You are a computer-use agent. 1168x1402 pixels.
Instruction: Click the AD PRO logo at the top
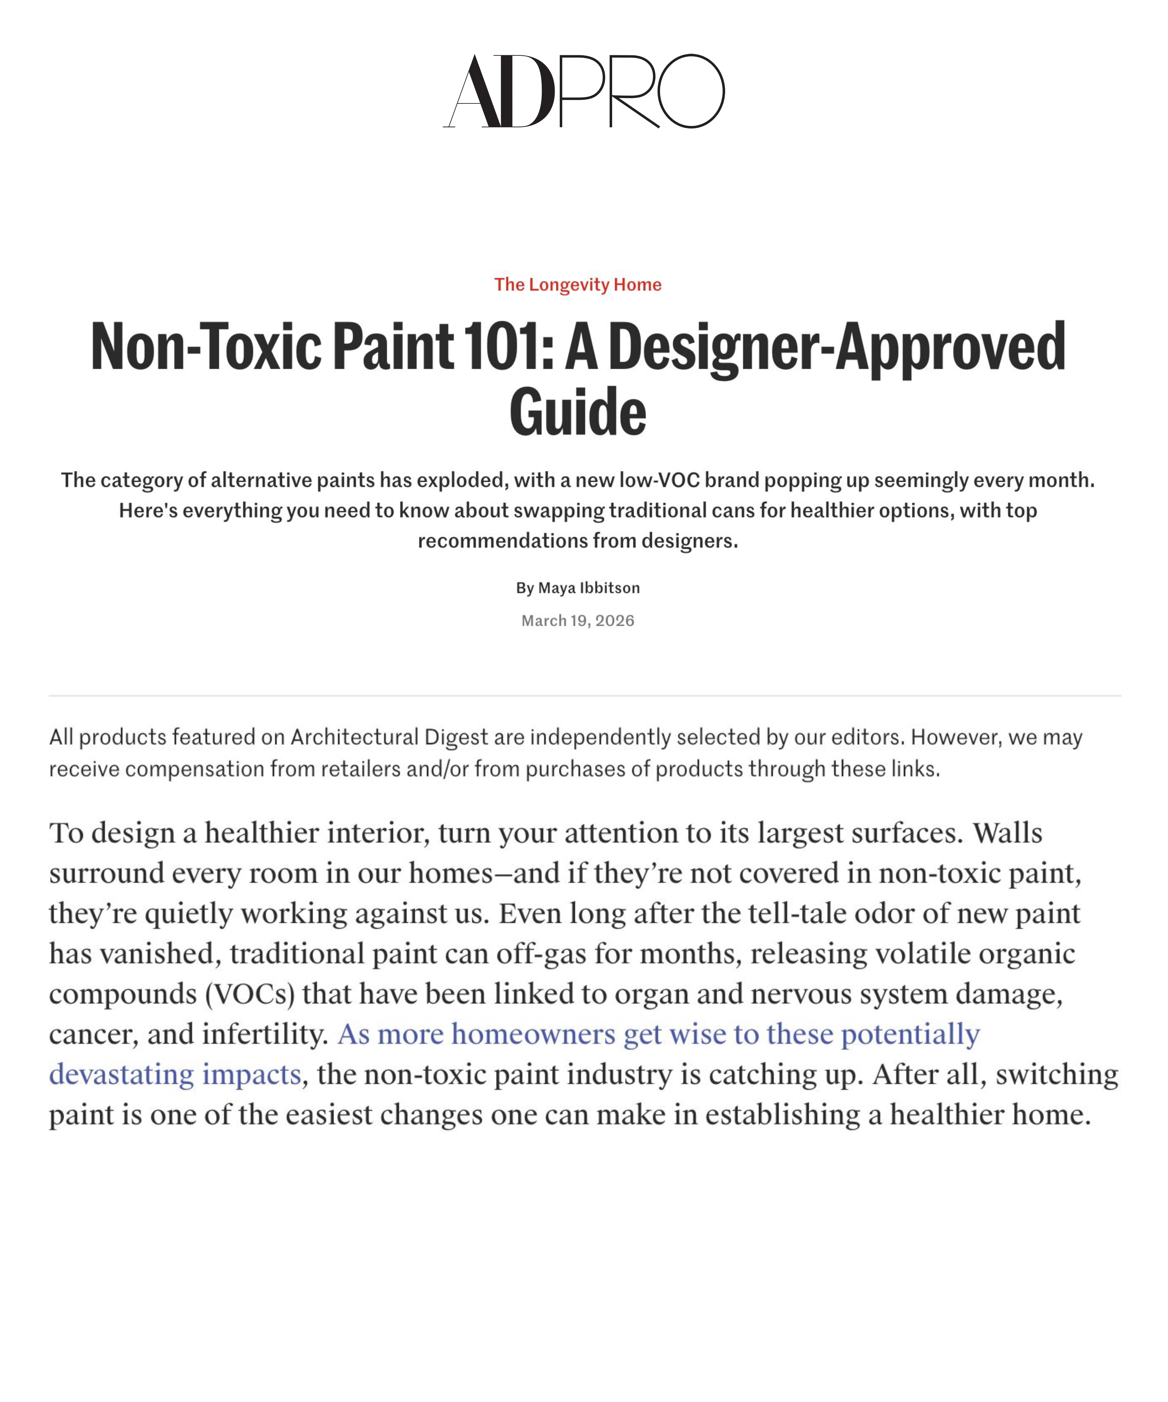pos(584,91)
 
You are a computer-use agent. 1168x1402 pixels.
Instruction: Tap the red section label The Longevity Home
pos(578,285)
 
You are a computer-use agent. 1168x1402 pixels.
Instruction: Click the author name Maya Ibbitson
pos(589,588)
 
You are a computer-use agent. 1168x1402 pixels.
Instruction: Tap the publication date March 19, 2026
pos(578,621)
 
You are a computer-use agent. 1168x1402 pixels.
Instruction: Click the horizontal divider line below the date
pos(585,696)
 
